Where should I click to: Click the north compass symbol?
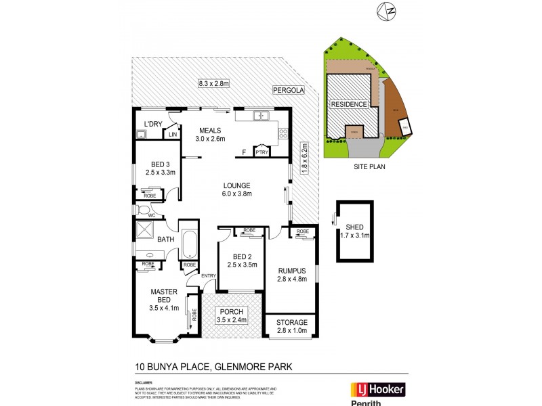pyautogui.click(x=388, y=11)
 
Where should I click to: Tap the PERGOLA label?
pyautogui.click(x=288, y=90)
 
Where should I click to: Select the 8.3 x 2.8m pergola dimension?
pyautogui.click(x=215, y=83)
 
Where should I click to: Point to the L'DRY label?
pyautogui.click(x=154, y=124)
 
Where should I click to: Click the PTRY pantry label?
pyautogui.click(x=262, y=153)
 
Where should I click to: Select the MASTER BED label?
pyautogui.click(x=163, y=296)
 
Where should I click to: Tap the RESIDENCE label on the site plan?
pyautogui.click(x=349, y=104)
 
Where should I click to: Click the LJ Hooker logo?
pyautogui.click(x=377, y=389)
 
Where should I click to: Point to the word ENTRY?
pyautogui.click(x=209, y=275)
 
